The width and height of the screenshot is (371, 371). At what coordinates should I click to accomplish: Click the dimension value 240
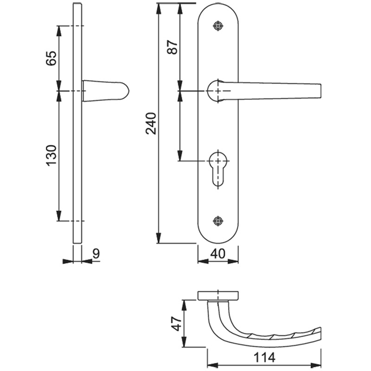(151, 124)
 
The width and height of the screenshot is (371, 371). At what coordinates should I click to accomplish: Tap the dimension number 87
(173, 47)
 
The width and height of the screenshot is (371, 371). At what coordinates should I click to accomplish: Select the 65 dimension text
(51, 58)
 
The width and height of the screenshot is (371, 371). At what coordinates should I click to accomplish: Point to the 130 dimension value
(51, 155)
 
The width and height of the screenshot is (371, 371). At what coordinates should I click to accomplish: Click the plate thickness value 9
(96, 254)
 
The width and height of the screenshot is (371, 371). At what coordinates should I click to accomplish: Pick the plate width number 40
(218, 254)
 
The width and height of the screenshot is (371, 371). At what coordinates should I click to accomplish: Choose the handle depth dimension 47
(177, 323)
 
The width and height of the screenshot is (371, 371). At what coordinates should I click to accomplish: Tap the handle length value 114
(264, 357)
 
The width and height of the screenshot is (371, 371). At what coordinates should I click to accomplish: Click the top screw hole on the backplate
(218, 26)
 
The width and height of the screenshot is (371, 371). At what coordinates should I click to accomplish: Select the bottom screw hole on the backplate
(218, 221)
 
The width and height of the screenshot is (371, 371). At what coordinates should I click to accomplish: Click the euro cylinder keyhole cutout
(218, 168)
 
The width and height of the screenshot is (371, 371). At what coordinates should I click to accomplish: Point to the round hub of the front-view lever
(216, 91)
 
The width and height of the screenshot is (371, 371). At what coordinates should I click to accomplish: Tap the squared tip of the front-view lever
(320, 91)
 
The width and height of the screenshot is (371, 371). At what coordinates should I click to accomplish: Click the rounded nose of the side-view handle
(125, 91)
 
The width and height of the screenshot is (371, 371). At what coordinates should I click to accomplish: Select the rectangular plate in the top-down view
(218, 296)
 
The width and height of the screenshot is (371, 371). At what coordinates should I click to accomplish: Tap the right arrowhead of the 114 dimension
(316, 365)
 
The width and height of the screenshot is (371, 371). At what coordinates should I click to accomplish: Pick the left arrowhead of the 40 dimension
(203, 262)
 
